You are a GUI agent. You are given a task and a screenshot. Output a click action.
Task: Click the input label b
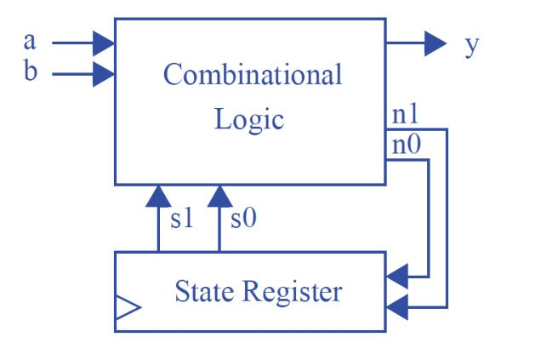(31, 73)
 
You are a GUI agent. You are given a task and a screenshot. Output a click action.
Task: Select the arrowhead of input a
(104, 42)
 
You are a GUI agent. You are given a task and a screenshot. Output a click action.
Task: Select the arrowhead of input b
(104, 74)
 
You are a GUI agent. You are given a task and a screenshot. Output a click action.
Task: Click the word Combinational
(253, 75)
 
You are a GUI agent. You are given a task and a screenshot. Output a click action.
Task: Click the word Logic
(248, 118)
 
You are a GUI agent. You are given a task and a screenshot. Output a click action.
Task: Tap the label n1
(406, 116)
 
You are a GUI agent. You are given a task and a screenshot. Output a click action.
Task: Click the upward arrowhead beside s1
(158, 197)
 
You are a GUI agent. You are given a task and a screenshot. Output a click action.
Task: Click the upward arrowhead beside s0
(219, 197)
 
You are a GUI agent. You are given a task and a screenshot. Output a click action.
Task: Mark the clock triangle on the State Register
(127, 307)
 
